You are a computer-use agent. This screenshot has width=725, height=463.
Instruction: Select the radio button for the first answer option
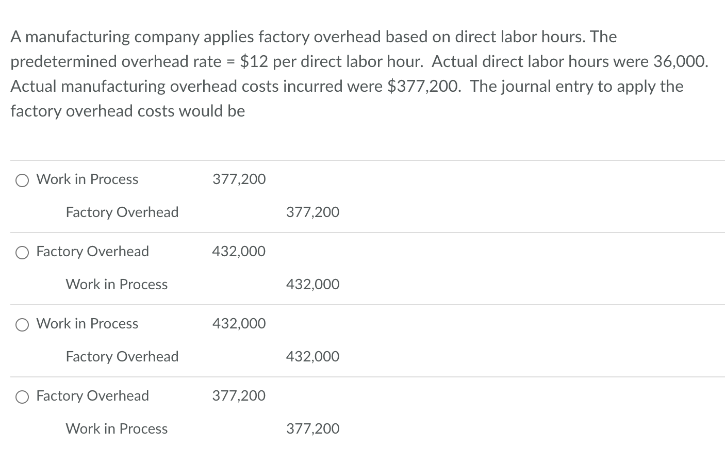(x=22, y=180)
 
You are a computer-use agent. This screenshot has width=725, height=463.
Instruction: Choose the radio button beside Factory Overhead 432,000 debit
(x=22, y=252)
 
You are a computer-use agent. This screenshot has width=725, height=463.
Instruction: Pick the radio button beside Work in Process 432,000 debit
(x=22, y=324)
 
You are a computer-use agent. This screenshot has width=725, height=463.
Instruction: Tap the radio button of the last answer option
(x=22, y=396)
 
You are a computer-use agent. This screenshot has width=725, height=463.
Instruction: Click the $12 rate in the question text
(x=254, y=61)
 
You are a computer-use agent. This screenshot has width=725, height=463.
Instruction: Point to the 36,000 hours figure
(x=679, y=61)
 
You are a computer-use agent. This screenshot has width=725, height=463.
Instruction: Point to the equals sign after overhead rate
(x=230, y=62)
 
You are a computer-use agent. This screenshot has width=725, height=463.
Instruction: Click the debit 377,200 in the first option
(x=239, y=179)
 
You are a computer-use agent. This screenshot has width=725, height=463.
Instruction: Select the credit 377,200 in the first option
(x=312, y=212)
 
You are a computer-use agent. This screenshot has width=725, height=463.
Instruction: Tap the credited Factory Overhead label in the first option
(x=122, y=212)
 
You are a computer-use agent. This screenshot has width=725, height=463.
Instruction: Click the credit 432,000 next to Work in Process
(x=312, y=284)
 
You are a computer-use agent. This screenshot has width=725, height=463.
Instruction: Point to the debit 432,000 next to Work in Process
(x=239, y=323)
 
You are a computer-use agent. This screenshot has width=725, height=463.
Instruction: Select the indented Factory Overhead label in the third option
(x=122, y=356)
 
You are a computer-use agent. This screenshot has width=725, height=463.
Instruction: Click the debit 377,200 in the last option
(x=239, y=395)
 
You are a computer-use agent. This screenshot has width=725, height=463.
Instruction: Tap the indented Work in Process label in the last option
(x=117, y=428)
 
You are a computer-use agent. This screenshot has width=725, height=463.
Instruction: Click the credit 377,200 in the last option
(x=312, y=428)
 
